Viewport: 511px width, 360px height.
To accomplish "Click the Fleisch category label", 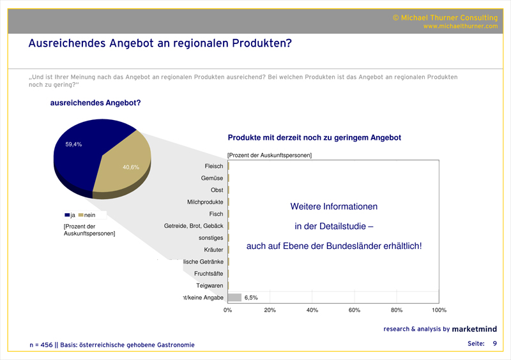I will (x=213, y=166).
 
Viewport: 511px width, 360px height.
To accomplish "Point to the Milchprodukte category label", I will (x=205, y=202).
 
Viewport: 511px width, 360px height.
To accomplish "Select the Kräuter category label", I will (x=213, y=250).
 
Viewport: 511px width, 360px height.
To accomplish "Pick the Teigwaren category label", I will (x=210, y=285).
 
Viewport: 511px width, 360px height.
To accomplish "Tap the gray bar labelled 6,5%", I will (x=234, y=297).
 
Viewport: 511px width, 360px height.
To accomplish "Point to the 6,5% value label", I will (x=251, y=297).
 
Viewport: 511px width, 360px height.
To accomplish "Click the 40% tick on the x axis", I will (x=312, y=310).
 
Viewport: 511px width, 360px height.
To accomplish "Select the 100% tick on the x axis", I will (x=439, y=310).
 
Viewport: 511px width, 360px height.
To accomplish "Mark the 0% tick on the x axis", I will (x=227, y=310).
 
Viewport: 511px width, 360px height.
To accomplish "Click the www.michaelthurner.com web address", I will (x=460, y=27).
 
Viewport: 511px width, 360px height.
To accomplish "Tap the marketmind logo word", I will (x=475, y=329).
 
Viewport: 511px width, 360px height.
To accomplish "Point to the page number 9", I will (x=494, y=344).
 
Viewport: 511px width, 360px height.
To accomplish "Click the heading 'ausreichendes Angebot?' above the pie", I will (x=95, y=103).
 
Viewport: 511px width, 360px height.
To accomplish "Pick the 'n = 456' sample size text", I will (x=42, y=345).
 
